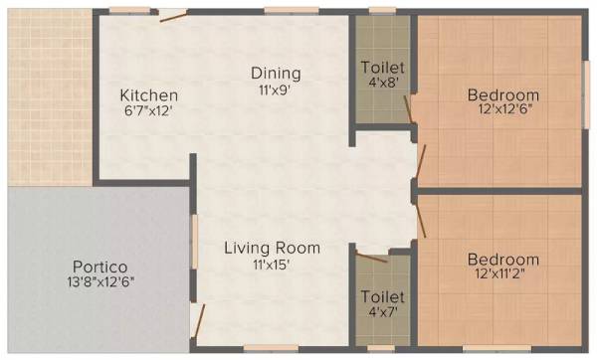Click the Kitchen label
pyautogui.click(x=148, y=94)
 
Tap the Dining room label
pyautogui.click(x=276, y=74)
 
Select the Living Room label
pyautogui.click(x=271, y=248)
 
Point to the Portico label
pyautogui.click(x=99, y=267)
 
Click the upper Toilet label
pyautogui.click(x=383, y=67)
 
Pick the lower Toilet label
pyautogui.click(x=383, y=296)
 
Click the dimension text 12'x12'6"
pyautogui.click(x=503, y=110)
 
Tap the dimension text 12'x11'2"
pyautogui.click(x=503, y=275)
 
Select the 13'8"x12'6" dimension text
pyautogui.click(x=99, y=281)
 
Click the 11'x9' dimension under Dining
pyautogui.click(x=276, y=90)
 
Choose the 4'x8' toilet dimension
pyautogui.click(x=383, y=83)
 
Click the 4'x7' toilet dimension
pyautogui.click(x=383, y=312)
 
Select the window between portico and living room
pyautogui.click(x=194, y=240)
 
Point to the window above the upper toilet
pyautogui.click(x=382, y=11)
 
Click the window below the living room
pyautogui.click(x=271, y=348)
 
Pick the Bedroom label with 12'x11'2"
pyautogui.click(x=503, y=261)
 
